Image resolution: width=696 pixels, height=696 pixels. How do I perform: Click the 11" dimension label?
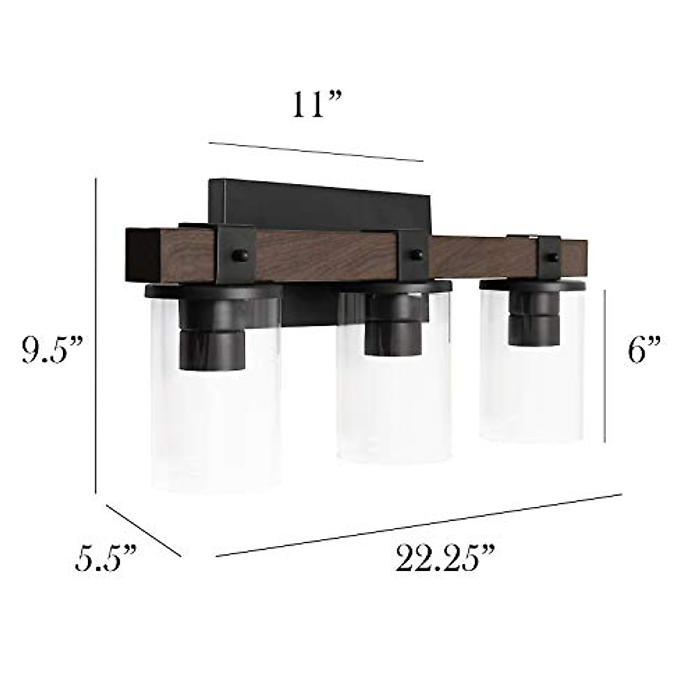coord(317,104)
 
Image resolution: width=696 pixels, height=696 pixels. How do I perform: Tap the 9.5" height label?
coord(53,349)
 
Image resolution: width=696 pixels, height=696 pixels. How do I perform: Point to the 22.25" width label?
coord(444,560)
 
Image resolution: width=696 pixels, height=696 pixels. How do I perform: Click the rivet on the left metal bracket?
coord(240,255)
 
